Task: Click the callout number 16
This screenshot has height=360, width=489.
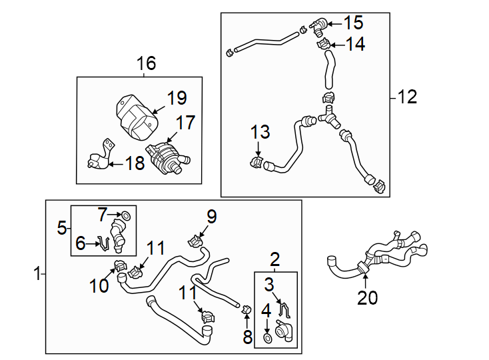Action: click(146, 64)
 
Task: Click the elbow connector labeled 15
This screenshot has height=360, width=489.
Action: click(319, 26)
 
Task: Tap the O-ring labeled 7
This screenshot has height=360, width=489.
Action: click(125, 215)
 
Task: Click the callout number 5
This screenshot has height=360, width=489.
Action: click(62, 228)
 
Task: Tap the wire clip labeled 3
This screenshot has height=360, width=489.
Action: click(285, 310)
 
